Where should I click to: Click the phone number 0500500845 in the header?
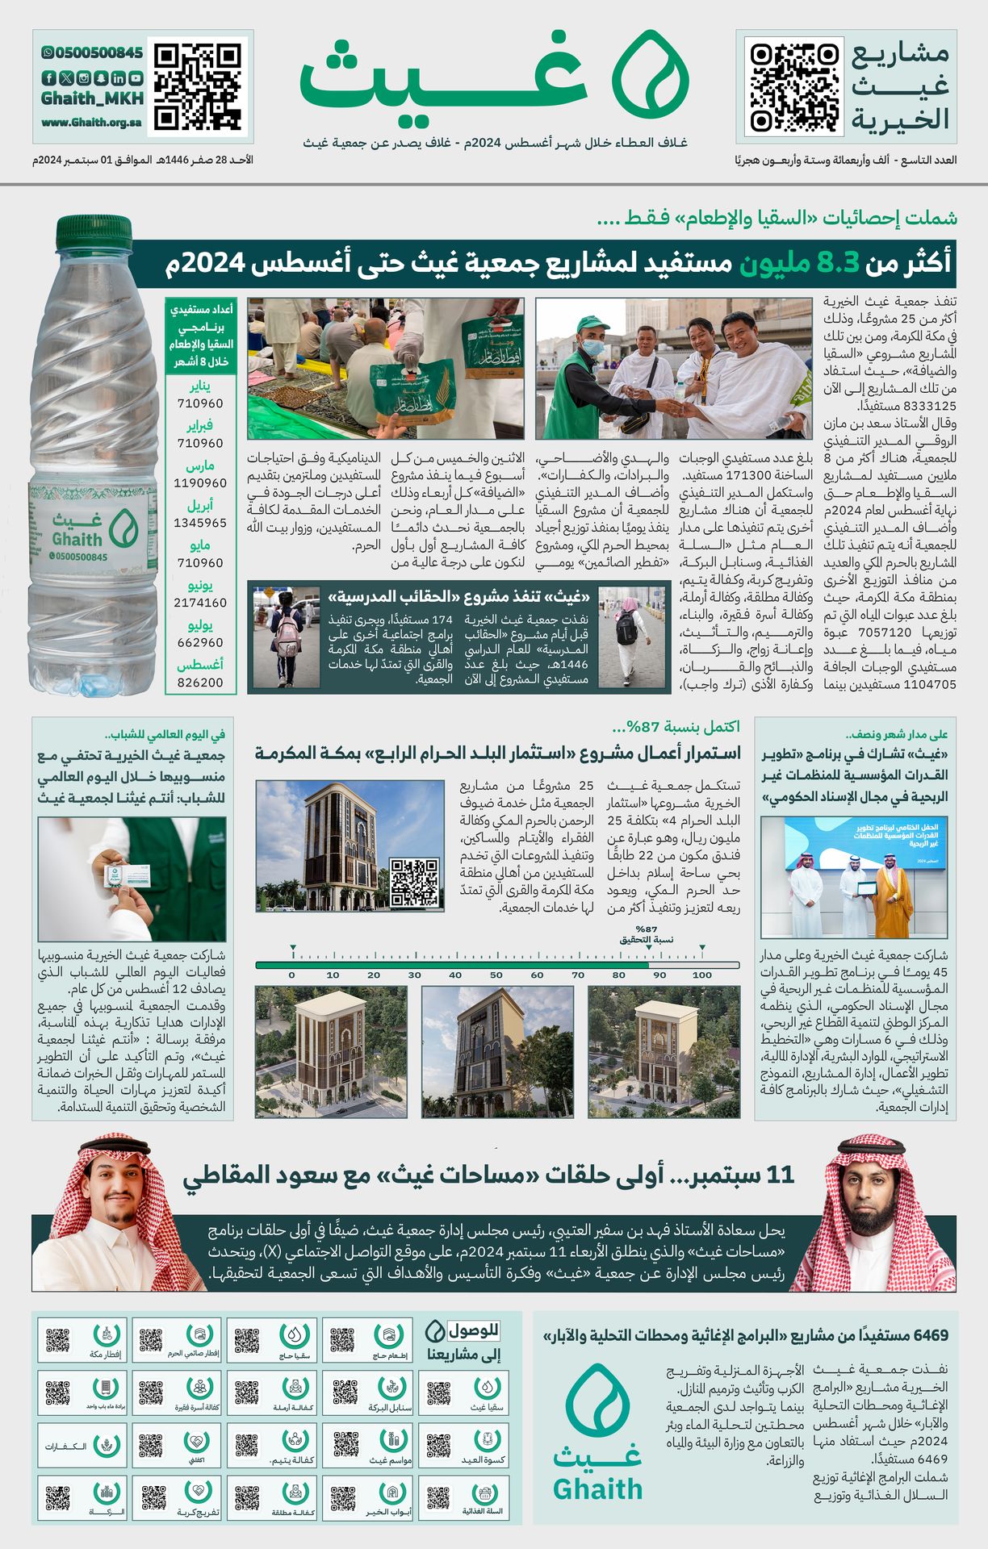[91, 52]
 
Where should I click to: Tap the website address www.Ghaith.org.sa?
[91, 123]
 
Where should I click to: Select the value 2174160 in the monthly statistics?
[200, 603]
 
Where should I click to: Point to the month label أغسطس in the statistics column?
[200, 665]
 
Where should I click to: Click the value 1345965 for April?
[200, 523]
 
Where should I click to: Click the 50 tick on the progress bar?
[496, 975]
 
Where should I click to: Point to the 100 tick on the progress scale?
[701, 975]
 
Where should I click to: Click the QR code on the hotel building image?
[414, 882]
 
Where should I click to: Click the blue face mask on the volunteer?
[593, 348]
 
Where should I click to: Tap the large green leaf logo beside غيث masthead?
[650, 75]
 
